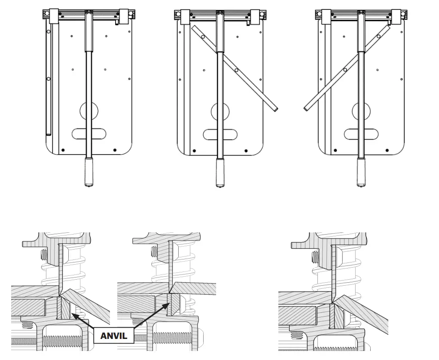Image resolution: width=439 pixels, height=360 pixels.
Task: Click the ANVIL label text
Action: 114,336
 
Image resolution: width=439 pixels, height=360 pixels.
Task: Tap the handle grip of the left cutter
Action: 89,171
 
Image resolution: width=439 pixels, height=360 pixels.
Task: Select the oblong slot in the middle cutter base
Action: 220,134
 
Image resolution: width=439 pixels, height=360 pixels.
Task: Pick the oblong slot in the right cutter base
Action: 362,134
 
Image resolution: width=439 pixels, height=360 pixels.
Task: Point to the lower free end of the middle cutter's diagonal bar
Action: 274,110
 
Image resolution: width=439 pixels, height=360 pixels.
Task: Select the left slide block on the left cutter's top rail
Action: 54,16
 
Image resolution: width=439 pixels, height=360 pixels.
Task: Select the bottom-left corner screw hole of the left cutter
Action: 63,150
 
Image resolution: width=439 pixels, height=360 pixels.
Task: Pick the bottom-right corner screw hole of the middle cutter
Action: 246,151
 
